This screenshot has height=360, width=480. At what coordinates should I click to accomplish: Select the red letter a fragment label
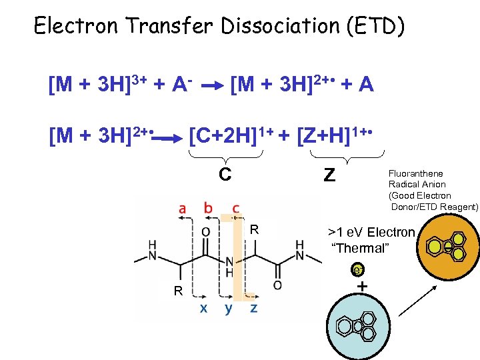tap(183, 209)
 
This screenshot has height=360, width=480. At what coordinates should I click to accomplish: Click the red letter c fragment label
tap(236, 209)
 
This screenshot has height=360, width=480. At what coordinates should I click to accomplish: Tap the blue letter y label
tap(229, 309)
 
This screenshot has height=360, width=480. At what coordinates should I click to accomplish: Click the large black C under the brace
tap(225, 175)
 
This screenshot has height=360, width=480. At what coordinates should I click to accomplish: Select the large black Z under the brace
tap(329, 175)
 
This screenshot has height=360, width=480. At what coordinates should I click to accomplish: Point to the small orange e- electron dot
tap(359, 270)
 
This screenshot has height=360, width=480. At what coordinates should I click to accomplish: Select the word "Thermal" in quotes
tap(359, 248)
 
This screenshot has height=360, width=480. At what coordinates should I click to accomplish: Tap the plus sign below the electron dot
tap(362, 286)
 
